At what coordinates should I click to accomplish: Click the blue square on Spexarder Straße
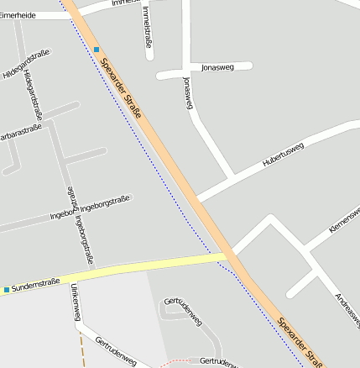[97, 50]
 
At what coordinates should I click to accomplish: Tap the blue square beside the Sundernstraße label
[7, 290]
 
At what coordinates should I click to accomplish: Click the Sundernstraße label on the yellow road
[36, 285]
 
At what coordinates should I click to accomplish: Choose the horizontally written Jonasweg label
[217, 66]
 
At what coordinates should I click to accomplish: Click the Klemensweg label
[344, 219]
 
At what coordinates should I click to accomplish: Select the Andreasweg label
[345, 310]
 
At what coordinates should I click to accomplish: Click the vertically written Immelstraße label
[148, 25]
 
